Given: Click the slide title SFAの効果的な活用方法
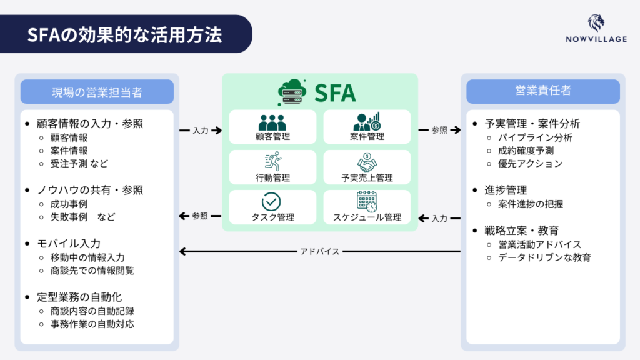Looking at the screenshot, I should [x=124, y=34].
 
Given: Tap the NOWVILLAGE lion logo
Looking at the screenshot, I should [x=596, y=24].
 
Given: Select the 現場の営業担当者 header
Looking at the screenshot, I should [x=97, y=92].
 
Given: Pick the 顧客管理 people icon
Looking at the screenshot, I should [x=272, y=122].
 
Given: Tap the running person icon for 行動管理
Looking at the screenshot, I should [x=272, y=162].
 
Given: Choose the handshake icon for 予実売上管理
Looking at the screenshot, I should [x=367, y=162].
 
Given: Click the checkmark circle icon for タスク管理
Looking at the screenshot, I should [x=272, y=202].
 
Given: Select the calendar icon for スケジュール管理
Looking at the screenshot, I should [x=367, y=201].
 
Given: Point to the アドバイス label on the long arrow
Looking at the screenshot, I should [x=320, y=252].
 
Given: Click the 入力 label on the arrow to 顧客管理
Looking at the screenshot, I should [x=201, y=131].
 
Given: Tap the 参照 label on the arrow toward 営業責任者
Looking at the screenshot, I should [x=439, y=131].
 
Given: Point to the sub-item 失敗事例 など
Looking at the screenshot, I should [x=83, y=217].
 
